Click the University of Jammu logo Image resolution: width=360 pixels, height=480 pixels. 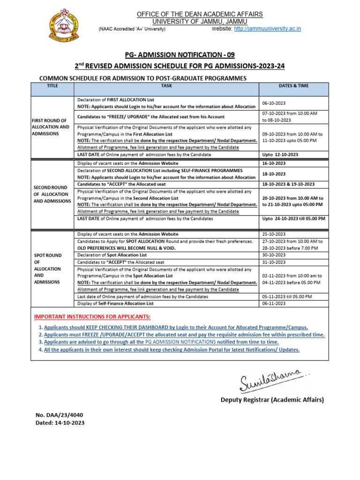(x=64, y=27)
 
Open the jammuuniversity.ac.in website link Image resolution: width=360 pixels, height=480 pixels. (x=267, y=29)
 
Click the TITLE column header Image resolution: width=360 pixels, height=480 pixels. (x=52, y=86)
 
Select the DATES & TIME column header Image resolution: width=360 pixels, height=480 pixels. (x=293, y=86)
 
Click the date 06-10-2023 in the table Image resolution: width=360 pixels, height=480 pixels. (x=274, y=103)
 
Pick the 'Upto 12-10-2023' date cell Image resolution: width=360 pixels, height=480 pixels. (x=281, y=154)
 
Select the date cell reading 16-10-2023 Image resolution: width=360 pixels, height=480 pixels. (x=274, y=163)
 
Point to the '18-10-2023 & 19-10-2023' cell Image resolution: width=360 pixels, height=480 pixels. (x=288, y=184)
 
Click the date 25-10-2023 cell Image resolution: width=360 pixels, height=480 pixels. (x=274, y=234)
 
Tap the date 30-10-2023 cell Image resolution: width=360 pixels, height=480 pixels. (x=274, y=255)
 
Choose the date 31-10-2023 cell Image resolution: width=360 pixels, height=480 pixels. (x=274, y=262)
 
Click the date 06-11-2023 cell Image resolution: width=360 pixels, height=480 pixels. (x=274, y=303)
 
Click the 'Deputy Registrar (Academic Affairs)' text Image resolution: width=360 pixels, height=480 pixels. (x=272, y=400)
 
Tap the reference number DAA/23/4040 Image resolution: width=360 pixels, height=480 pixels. (x=60, y=415)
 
